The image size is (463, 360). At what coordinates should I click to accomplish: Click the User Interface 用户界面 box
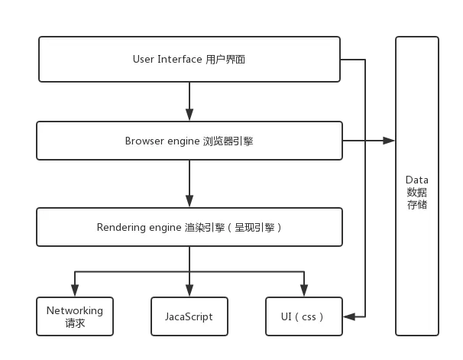coord(189,59)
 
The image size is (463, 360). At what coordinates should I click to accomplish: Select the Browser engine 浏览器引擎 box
coord(189,141)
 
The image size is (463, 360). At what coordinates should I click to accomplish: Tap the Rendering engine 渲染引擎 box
coord(189,227)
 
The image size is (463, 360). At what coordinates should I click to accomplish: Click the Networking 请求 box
coord(75,316)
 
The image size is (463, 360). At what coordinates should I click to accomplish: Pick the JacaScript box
coord(188,316)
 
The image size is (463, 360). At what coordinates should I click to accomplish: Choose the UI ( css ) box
coord(304,316)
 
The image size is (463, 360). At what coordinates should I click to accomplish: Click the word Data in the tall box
coord(417,179)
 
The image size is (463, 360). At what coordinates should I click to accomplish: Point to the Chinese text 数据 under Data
coord(417,192)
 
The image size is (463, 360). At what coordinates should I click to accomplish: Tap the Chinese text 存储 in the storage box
coord(417,205)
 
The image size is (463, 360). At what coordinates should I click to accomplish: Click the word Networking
coord(75,310)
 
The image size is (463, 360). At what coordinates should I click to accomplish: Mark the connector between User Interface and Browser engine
coord(189,101)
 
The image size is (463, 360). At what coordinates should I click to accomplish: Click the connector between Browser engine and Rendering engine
coord(189,184)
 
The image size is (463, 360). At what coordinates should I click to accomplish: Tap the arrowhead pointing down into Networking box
coord(74,291)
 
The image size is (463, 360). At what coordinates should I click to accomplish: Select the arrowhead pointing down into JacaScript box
coord(189,291)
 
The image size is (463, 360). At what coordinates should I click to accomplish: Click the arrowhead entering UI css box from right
coord(348,316)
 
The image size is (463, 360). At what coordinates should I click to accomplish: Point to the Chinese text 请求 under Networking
coord(75,323)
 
